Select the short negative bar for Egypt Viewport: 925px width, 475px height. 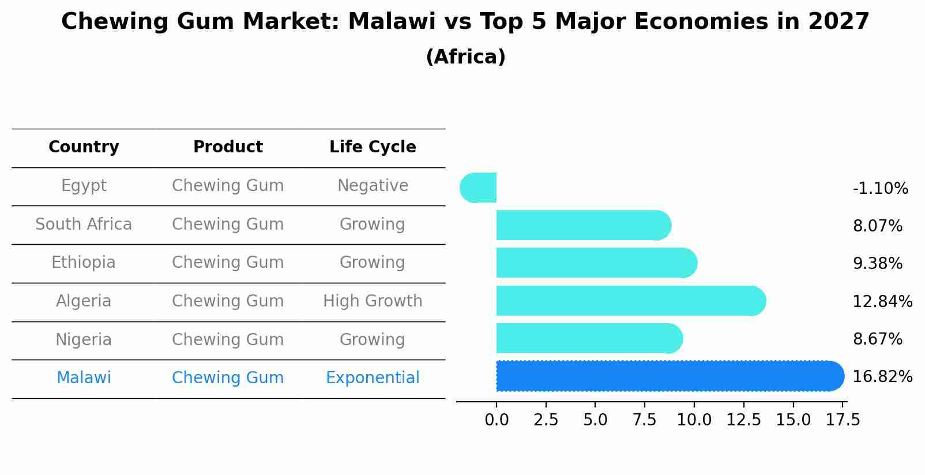[479, 188]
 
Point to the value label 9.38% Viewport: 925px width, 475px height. [877, 264]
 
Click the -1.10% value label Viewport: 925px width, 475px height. [880, 189]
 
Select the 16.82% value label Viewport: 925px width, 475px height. [882, 377]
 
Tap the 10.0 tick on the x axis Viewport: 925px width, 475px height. [694, 420]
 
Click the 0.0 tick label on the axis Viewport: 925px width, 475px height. [497, 420]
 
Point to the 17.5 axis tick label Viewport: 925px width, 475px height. [843, 420]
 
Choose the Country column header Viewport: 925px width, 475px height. [84, 147]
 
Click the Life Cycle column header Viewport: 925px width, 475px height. [373, 147]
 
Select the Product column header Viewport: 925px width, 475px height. [228, 147]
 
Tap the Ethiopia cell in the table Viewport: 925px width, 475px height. [84, 263]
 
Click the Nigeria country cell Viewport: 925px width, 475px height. [84, 339]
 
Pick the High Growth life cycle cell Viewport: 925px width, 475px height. [373, 301]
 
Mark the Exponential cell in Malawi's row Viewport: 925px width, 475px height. [373, 378]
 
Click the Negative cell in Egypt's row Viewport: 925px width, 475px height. [373, 186]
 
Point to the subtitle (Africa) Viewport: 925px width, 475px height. [465, 57]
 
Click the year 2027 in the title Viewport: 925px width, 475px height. [838, 22]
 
